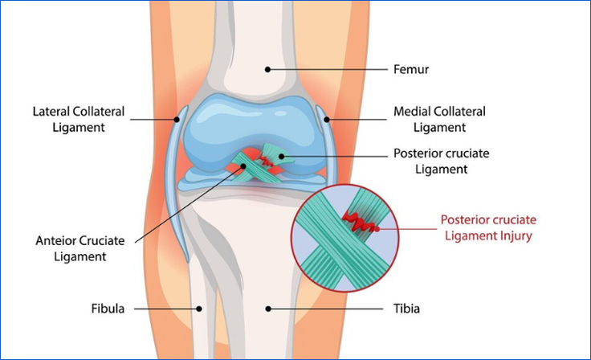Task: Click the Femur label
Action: coord(410,70)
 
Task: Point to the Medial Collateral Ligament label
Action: coord(439,120)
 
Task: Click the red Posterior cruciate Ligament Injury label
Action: coord(488,227)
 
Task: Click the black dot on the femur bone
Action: coord(267,70)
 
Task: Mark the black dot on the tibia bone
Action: coord(267,308)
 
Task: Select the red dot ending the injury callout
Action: coord(375,228)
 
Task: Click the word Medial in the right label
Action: coord(411,112)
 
